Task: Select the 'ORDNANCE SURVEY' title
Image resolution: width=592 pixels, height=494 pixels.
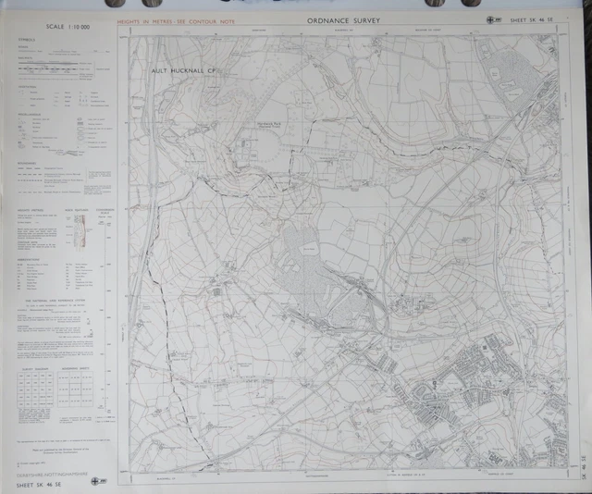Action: tap(341, 19)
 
